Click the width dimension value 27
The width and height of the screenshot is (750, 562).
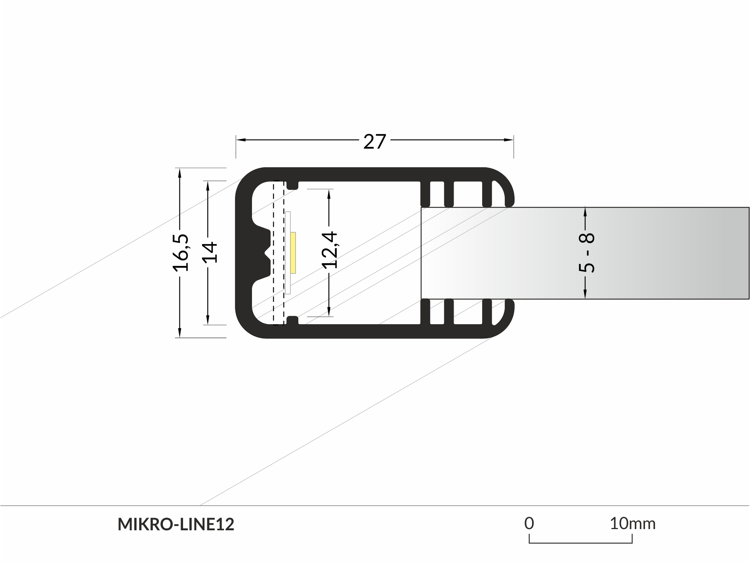(374, 141)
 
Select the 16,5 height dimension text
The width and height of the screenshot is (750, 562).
(181, 252)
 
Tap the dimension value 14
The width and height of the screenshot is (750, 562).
(209, 252)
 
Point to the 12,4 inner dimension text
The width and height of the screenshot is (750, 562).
(330, 250)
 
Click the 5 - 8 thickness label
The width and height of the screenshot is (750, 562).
(586, 252)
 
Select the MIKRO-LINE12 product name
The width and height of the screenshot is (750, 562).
(176, 524)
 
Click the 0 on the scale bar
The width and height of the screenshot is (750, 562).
(529, 524)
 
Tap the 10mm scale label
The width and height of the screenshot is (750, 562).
(632, 524)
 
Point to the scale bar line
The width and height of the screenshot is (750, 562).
(580, 543)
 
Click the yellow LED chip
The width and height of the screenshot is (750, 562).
(293, 252)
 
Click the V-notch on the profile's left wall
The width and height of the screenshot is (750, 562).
(266, 252)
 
